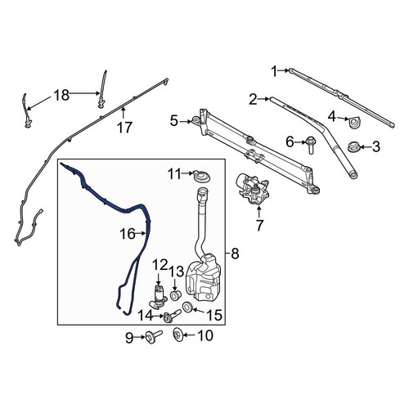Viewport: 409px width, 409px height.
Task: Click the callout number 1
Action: coord(275,72)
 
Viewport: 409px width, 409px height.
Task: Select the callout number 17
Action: coord(124,128)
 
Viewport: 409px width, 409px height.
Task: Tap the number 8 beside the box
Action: coord(235,254)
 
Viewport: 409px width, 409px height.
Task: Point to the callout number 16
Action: coord(128,234)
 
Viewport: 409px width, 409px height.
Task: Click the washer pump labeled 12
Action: coord(158,297)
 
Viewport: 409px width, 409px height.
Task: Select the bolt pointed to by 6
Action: coord(311,145)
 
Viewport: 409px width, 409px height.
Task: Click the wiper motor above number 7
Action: coord(254,189)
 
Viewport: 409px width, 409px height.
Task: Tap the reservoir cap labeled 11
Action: coord(201,176)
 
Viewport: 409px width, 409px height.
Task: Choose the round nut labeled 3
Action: coord(354,146)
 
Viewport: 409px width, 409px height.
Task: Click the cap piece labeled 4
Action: coord(354,124)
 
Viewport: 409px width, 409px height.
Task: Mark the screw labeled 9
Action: coord(154,337)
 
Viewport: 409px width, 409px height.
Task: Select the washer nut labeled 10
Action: coord(178,335)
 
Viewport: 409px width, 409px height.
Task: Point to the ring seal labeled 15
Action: coord(187,307)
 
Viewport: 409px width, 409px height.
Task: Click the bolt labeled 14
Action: coord(172,316)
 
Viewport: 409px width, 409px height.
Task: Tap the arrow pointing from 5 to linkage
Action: coord(187,122)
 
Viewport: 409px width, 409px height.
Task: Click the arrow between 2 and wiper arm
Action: coord(263,99)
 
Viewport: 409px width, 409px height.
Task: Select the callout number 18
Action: coord(61,95)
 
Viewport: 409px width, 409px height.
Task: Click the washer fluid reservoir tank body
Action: coord(203,278)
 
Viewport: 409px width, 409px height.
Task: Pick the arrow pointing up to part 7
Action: coord(259,213)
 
